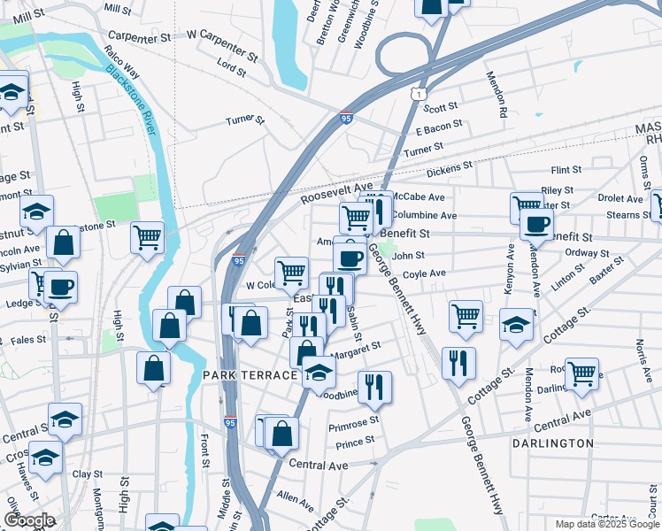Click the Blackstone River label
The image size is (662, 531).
click(x=132, y=98)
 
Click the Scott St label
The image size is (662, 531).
click(x=440, y=107)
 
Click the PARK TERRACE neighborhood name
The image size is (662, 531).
click(x=250, y=375)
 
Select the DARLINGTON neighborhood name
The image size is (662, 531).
click(x=552, y=442)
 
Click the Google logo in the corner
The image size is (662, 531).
click(x=29, y=520)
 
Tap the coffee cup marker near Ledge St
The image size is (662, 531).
click(x=61, y=287)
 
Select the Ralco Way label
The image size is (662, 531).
click(x=121, y=64)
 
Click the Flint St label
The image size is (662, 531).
click(x=566, y=169)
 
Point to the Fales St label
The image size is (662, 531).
click(x=28, y=340)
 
